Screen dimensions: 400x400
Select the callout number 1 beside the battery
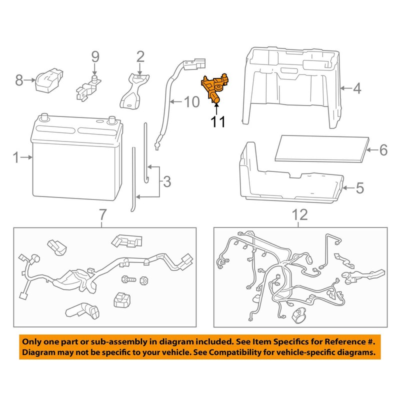[x=16, y=158]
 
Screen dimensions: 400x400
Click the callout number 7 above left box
[x=103, y=215]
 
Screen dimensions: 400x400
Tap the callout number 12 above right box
[x=298, y=215]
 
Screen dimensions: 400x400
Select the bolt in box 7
[x=126, y=278]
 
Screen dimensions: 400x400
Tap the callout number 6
[x=383, y=149]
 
